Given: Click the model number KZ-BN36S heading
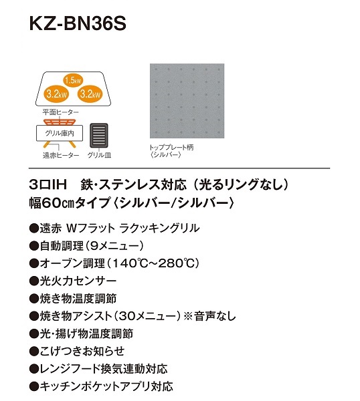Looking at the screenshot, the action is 78,24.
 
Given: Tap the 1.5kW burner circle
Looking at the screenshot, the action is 73,81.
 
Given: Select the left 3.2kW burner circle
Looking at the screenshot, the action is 56,94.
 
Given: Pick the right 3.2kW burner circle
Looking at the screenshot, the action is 90,94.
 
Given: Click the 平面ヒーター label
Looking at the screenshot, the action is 61,112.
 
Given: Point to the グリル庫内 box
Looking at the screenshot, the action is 60,133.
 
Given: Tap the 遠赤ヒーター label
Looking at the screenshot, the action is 61,155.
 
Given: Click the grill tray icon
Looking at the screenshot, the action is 99,136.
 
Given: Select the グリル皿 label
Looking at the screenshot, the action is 99,155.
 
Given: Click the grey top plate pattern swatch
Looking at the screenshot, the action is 187,101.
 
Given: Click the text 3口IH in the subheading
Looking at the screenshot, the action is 48,184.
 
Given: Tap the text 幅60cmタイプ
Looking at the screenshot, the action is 70,203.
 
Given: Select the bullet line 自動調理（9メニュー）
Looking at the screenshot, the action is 86,246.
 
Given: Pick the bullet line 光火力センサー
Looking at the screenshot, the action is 73,281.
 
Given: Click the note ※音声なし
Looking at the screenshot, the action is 209,316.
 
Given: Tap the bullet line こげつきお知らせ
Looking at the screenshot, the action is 77,351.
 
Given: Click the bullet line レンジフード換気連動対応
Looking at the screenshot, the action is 98,369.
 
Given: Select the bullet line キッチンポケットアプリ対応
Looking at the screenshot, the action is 101,386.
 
